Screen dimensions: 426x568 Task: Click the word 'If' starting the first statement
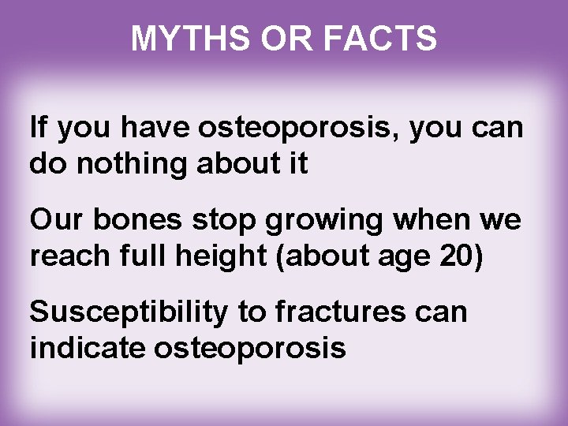point(38,128)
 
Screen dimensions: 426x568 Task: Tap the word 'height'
point(218,256)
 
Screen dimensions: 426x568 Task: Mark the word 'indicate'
point(87,347)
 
